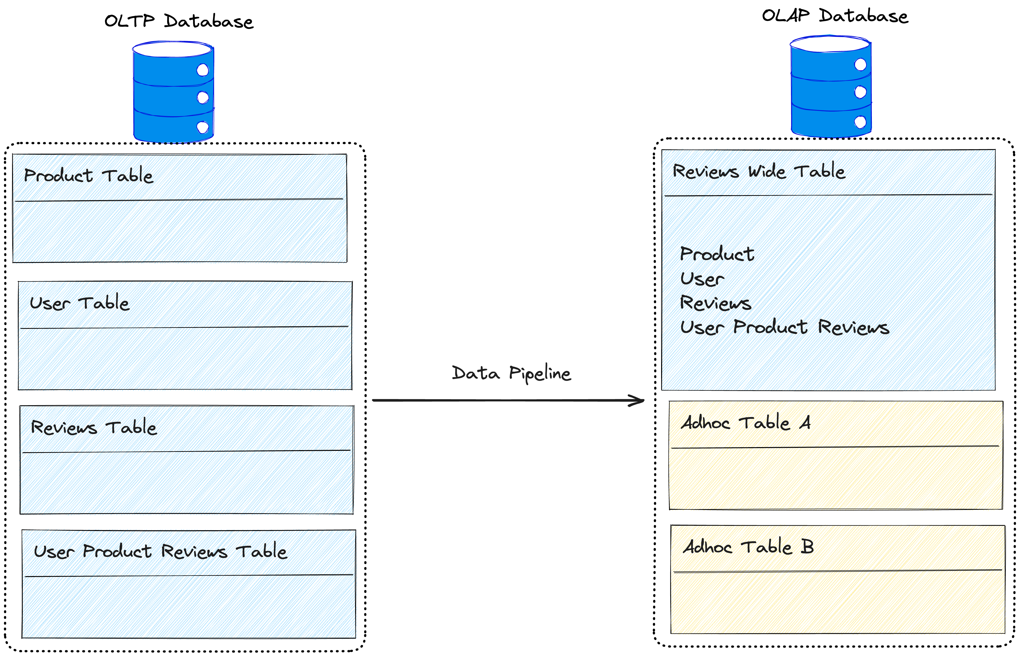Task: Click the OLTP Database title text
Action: [x=179, y=21]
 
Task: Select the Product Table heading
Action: [x=88, y=176]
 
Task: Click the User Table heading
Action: [x=79, y=303]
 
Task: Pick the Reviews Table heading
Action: [x=94, y=427]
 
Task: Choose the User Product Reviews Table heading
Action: [x=160, y=551]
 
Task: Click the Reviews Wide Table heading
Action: [x=759, y=171]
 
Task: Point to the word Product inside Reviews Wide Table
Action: [x=717, y=254]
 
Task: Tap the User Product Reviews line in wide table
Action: [x=784, y=327]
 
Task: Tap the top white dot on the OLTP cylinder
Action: [x=203, y=70]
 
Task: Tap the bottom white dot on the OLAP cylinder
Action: [x=860, y=122]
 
